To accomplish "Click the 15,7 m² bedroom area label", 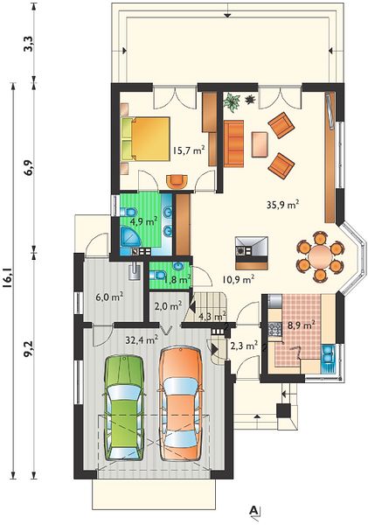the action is [189, 150].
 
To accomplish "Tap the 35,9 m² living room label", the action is [282, 204].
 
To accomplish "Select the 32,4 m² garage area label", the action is [142, 340].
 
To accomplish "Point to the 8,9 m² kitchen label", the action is [301, 324].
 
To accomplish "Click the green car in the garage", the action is [125, 407].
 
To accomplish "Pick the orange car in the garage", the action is [181, 403].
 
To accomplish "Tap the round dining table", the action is [321, 256].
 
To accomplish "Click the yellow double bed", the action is [145, 138].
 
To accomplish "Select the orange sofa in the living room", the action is [234, 143].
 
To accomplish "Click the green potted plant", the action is [233, 101].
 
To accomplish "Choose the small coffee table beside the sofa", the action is [260, 144].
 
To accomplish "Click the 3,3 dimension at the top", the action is [29, 43].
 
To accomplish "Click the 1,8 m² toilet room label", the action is [177, 279].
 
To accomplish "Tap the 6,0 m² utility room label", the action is [110, 297].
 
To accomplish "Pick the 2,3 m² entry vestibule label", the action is [245, 345].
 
